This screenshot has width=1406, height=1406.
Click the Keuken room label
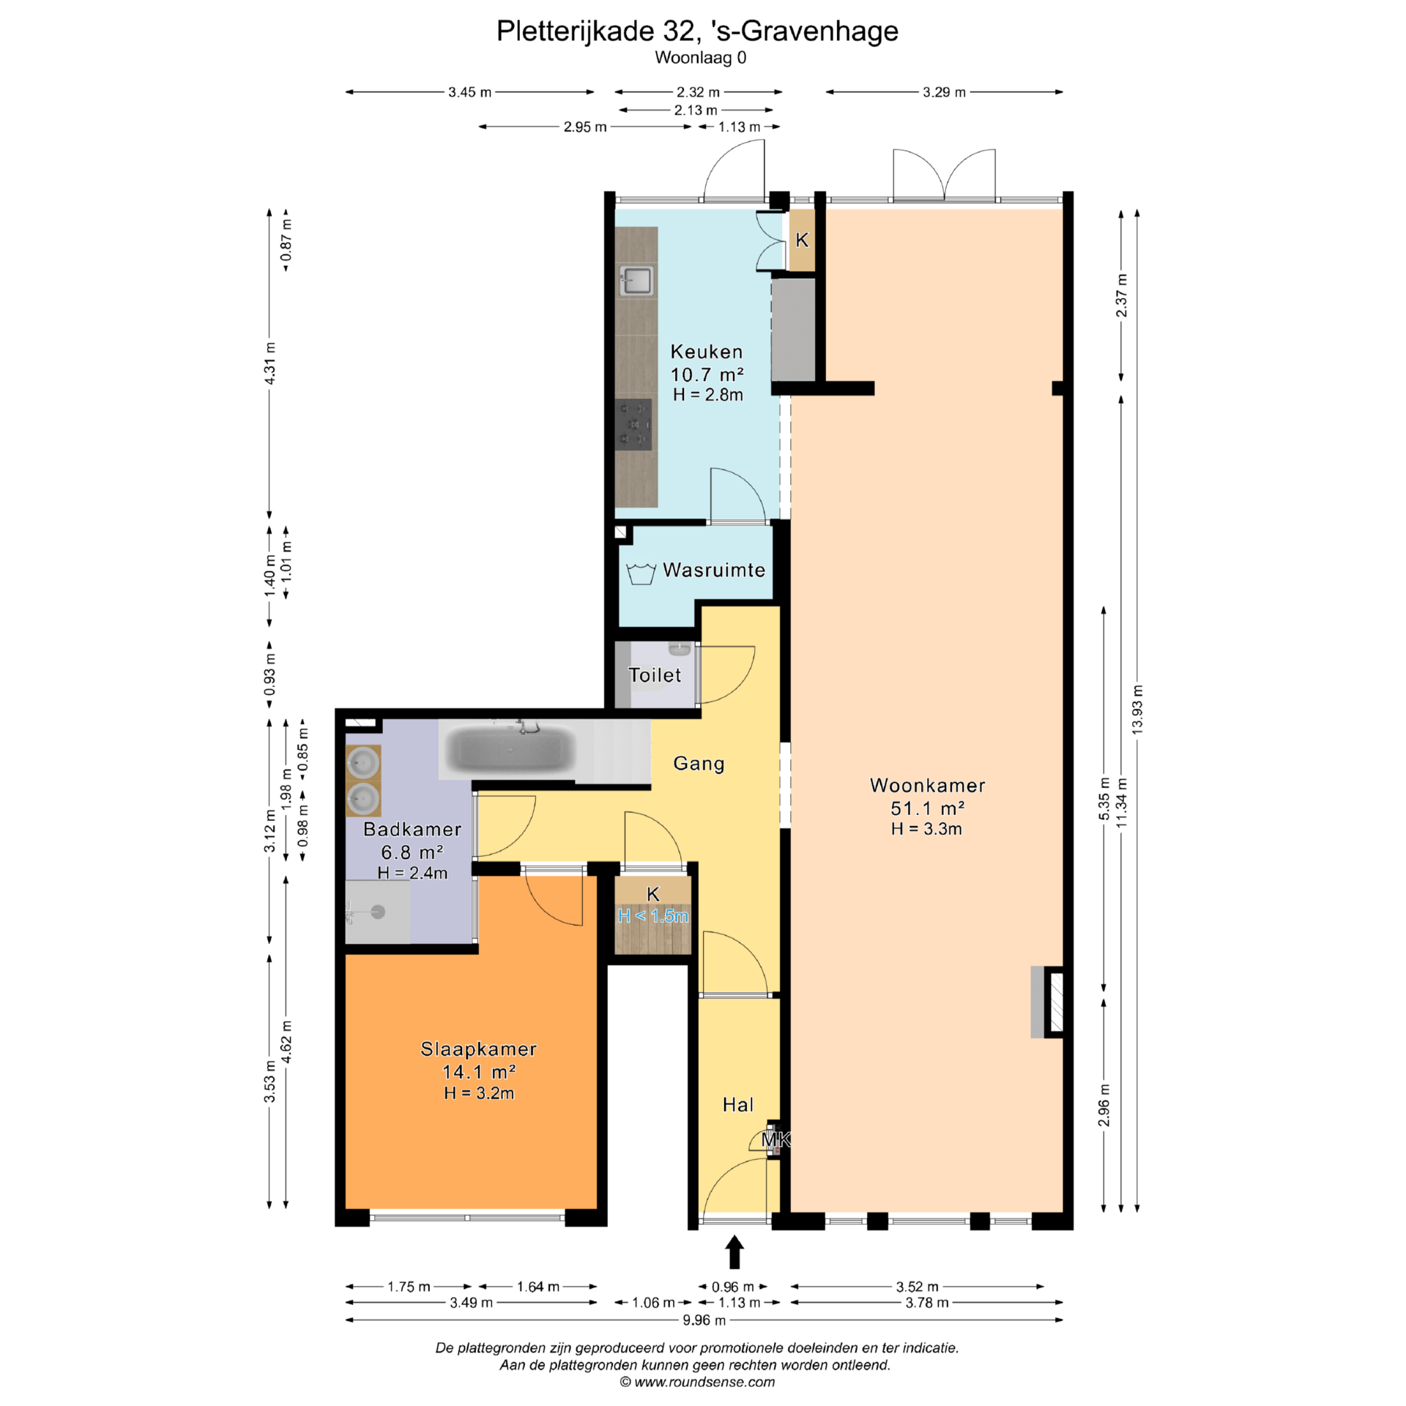point(707,351)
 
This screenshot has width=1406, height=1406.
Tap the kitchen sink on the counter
point(636,280)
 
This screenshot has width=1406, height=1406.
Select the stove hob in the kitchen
point(633,425)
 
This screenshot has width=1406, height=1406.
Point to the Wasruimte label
point(714,570)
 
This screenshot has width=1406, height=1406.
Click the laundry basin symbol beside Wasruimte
point(641,573)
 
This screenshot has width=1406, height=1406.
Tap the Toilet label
point(655,675)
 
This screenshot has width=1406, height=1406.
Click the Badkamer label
point(412,829)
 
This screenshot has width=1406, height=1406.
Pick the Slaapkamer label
point(478,1049)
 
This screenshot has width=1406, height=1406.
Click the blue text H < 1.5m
point(653,916)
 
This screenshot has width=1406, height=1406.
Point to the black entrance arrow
point(734,1251)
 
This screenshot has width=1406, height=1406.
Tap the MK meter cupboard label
point(775,1139)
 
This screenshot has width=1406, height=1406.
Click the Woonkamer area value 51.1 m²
point(927,808)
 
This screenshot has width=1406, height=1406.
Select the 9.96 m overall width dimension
point(704,1320)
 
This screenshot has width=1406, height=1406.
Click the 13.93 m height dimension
point(1137,710)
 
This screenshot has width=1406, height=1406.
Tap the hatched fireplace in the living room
point(1054,1002)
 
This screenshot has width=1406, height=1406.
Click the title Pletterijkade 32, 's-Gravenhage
point(697,31)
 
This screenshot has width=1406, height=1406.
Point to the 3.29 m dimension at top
point(945,92)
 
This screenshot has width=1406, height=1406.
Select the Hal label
point(737,1104)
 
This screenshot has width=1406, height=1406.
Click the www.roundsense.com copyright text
point(697,1382)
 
